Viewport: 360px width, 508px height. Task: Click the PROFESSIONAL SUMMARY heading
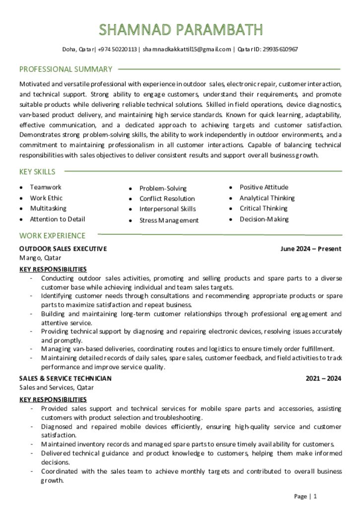coord(66,69)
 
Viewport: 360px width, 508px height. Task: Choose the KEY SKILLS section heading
coord(37,172)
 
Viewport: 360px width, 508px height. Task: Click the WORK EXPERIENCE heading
coord(52,236)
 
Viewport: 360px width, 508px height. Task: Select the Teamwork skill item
coord(46,188)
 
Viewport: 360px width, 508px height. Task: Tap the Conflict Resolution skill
coord(167,199)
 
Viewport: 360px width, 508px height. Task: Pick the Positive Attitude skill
coord(264,188)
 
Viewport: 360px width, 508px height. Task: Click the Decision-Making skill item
coord(264,219)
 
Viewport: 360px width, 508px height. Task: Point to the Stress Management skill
coord(169,220)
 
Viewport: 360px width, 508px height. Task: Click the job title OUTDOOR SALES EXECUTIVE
coord(63,249)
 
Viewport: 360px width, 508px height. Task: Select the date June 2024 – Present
coord(311,249)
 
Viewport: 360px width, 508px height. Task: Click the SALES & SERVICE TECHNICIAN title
coord(66,379)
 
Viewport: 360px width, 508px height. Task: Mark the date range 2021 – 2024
coord(323,379)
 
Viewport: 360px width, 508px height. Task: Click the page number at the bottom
coord(315,496)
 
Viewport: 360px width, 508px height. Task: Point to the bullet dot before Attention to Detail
coord(21,219)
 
